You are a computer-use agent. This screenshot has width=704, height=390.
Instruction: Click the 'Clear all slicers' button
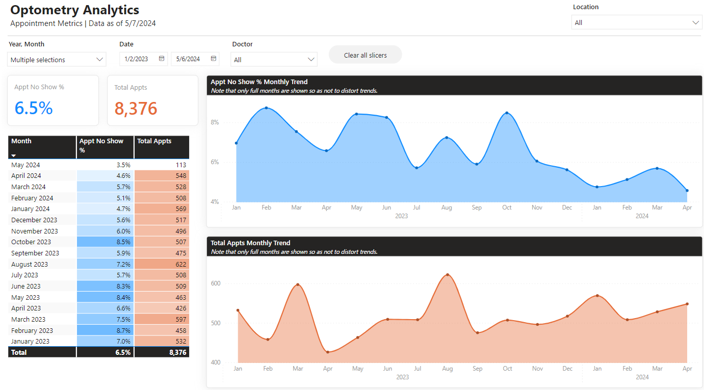click(365, 55)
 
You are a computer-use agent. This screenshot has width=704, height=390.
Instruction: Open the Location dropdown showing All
click(637, 22)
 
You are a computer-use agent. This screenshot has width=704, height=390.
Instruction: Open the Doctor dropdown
click(274, 60)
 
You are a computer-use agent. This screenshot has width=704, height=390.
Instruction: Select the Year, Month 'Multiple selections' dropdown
click(57, 60)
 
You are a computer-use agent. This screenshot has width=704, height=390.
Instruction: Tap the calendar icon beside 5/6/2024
click(214, 59)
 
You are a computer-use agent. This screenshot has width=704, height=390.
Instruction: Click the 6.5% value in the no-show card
click(34, 108)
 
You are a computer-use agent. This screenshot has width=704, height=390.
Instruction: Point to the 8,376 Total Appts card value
click(136, 109)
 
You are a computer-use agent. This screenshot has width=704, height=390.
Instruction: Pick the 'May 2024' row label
click(25, 165)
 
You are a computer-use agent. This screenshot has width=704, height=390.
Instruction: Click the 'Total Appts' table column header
click(154, 141)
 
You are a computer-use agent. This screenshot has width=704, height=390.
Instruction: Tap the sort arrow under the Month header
click(14, 155)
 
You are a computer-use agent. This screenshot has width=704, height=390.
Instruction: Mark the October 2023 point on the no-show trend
click(507, 113)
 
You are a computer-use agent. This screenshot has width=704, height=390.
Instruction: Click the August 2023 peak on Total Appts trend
click(448, 275)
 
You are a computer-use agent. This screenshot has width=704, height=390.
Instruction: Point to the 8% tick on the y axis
click(215, 122)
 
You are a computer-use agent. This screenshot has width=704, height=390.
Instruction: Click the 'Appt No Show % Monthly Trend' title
click(259, 82)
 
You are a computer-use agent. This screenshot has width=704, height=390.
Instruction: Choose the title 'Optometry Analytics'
click(75, 10)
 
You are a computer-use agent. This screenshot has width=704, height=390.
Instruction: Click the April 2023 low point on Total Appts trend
click(328, 352)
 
